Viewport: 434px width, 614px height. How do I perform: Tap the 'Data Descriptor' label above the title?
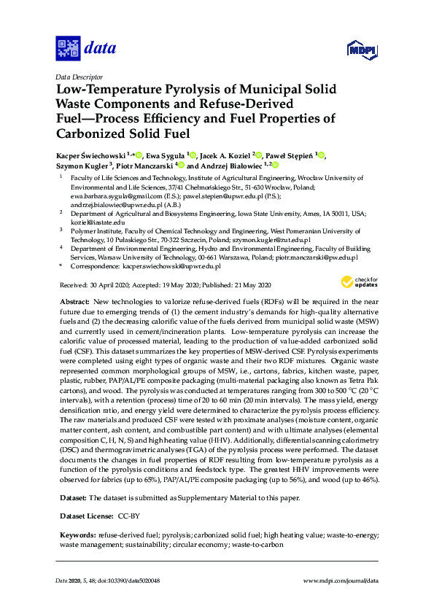tap(79, 77)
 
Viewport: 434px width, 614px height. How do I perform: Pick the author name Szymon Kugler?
tap(82, 166)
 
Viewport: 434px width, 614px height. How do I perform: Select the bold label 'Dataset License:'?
tap(85, 516)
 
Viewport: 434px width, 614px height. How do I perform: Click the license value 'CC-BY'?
tap(130, 516)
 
